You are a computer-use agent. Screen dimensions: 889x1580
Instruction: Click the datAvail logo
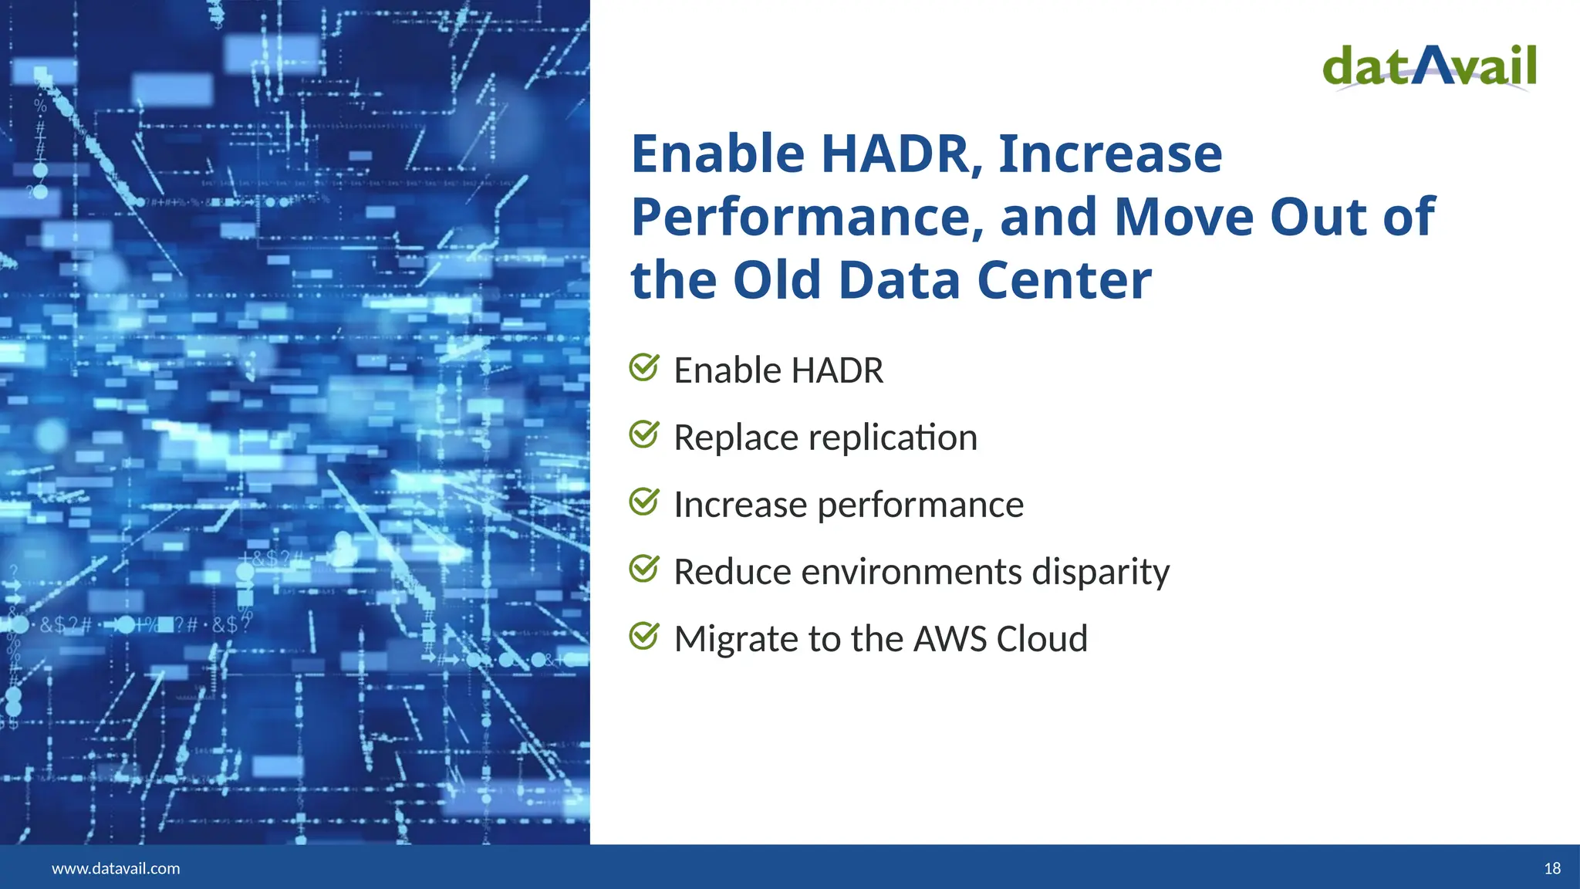[x=1430, y=67]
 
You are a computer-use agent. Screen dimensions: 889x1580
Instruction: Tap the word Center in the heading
[x=1064, y=280]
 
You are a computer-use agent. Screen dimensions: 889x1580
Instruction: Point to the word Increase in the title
[x=1110, y=154]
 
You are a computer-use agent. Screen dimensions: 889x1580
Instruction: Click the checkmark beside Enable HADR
[x=643, y=368]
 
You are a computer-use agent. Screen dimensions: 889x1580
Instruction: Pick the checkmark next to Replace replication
[x=643, y=435]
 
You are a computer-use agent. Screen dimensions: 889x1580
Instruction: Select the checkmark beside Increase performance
[x=643, y=502]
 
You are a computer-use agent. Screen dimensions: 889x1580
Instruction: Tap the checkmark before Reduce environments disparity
[x=643, y=570]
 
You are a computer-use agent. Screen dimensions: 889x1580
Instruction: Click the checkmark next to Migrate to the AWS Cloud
[x=643, y=637]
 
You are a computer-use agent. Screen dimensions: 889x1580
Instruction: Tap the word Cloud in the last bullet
[x=1042, y=639]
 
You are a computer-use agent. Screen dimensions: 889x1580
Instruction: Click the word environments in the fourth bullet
[x=912, y=573]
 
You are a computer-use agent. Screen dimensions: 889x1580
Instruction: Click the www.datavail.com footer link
[x=116, y=868]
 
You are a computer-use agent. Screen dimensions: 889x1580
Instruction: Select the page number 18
[x=1552, y=868]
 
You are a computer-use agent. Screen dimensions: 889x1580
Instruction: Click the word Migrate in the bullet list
[x=736, y=639]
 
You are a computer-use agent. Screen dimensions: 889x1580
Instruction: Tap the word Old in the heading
[x=777, y=280]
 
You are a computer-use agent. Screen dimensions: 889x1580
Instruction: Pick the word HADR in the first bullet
[x=837, y=370]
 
